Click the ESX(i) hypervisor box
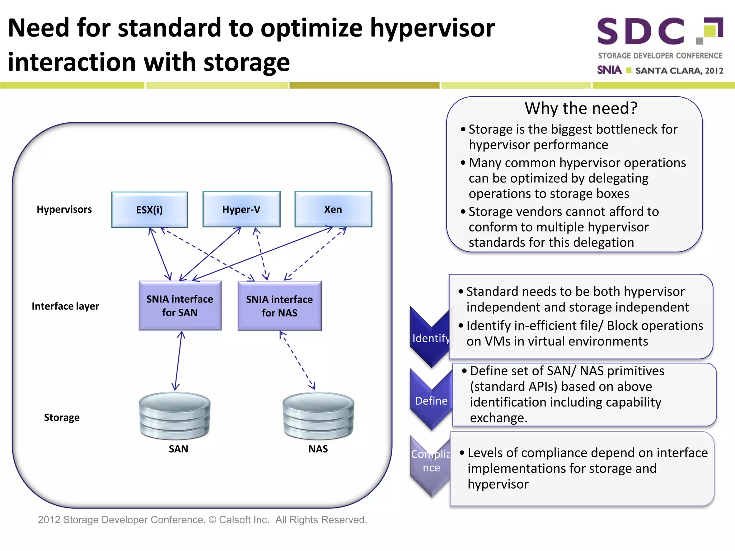(149, 209)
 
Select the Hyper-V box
(241, 209)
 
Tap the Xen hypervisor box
(333, 209)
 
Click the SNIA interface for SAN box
(180, 306)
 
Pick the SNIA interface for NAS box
(279, 306)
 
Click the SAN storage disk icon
(175, 416)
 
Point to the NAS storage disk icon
(318, 416)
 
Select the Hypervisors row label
(64, 209)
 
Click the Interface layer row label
(65, 306)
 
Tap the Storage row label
(62, 418)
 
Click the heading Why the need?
(581, 108)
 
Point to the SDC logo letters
(641, 32)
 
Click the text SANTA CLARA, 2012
(679, 71)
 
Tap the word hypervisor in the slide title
(432, 28)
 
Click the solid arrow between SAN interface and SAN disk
(178, 361)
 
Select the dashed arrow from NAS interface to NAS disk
(297, 360)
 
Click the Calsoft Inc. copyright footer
(202, 520)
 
